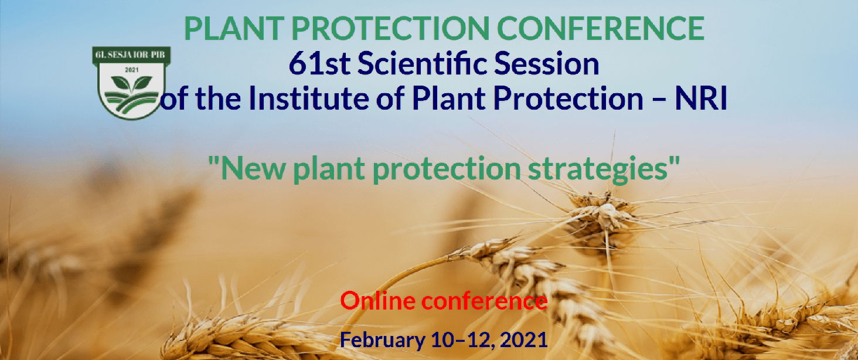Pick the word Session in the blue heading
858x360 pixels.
pyautogui.click(x=546, y=64)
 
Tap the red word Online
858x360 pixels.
pyautogui.click(x=378, y=301)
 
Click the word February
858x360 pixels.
pyautogui.click(x=380, y=339)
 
